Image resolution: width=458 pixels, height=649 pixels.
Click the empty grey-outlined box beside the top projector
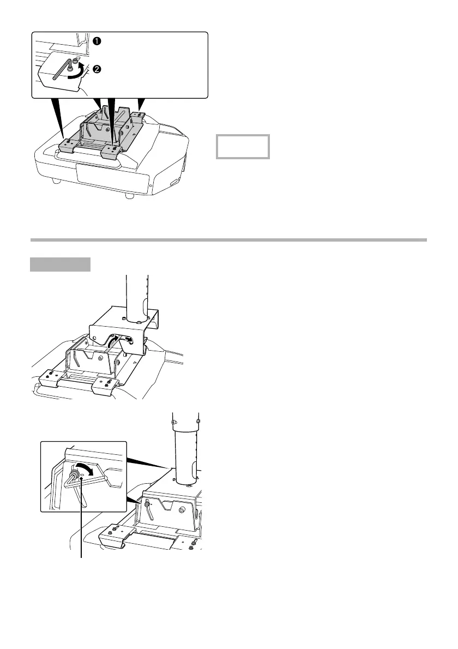tap(243, 146)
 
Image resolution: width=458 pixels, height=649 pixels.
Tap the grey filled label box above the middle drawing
tap(60, 264)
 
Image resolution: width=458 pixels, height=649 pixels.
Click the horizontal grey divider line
tap(229, 239)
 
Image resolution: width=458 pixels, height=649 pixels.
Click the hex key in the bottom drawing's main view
tap(148, 509)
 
